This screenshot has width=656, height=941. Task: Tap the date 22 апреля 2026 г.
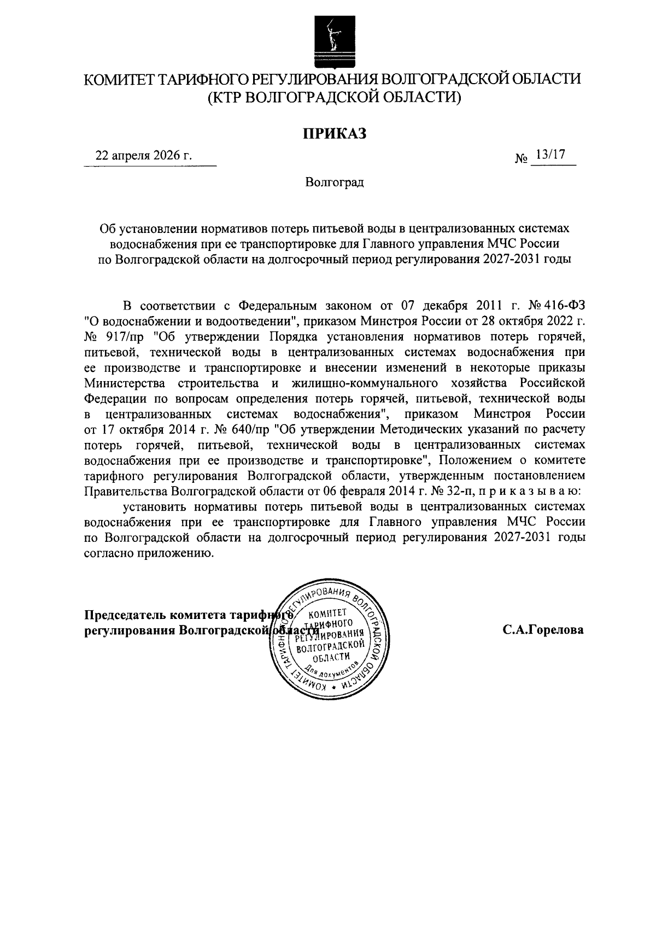coord(144,156)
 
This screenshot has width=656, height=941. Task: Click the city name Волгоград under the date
coord(335,182)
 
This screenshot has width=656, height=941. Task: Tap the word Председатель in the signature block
coord(125,615)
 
